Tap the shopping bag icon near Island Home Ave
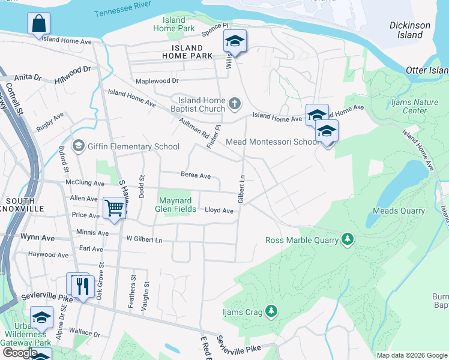(x=38, y=25)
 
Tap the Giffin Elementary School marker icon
(x=78, y=146)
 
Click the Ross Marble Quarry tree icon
(x=347, y=240)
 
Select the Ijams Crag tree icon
(x=272, y=310)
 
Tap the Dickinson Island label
(x=410, y=30)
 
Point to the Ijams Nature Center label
(x=415, y=106)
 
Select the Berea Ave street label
(x=196, y=176)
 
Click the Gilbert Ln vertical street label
(x=242, y=189)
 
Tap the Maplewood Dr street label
(x=157, y=80)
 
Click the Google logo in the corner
(x=20, y=353)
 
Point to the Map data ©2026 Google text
(x=411, y=355)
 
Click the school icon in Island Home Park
(x=235, y=41)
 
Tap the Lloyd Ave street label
(x=219, y=211)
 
